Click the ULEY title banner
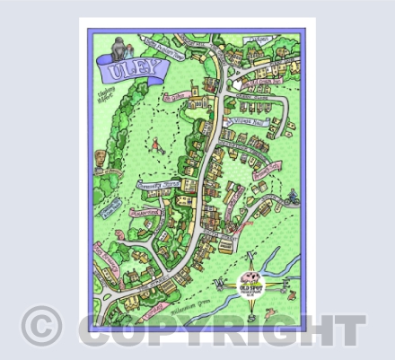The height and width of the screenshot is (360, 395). coord(126,66)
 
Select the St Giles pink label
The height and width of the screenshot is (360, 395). coord(176,94)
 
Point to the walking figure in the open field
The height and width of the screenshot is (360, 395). coord(158,142)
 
